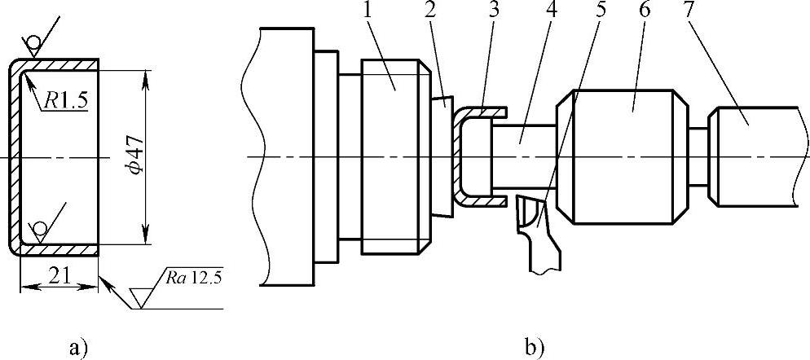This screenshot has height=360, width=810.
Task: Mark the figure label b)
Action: [x=534, y=349]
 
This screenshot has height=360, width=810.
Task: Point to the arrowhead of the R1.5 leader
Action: [x=27, y=76]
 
